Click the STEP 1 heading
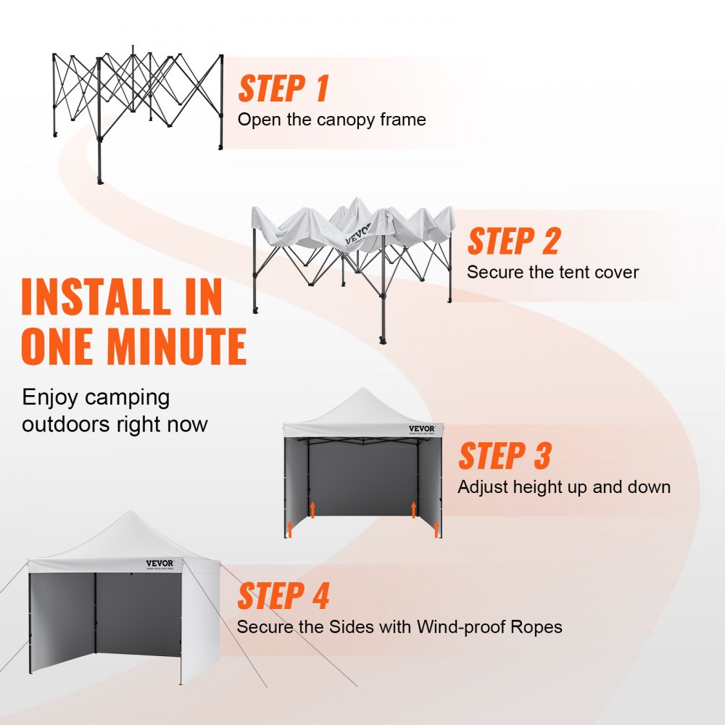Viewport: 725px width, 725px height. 283,89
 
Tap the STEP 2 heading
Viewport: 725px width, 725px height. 513,241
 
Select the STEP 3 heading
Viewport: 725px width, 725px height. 505,457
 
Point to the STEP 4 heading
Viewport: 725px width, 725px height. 283,596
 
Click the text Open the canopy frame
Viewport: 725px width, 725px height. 331,120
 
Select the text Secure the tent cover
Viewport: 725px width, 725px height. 552,273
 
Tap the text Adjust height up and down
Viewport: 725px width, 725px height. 563,487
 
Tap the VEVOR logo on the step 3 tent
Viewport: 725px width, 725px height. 422,428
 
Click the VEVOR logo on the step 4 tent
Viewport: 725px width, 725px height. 160,563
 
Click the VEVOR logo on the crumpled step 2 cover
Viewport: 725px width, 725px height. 360,237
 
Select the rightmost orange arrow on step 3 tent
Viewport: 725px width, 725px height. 436,529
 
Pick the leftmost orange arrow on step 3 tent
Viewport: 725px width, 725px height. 289,529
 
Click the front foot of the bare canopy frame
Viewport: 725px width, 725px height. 100,179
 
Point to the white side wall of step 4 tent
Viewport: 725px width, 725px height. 202,623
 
